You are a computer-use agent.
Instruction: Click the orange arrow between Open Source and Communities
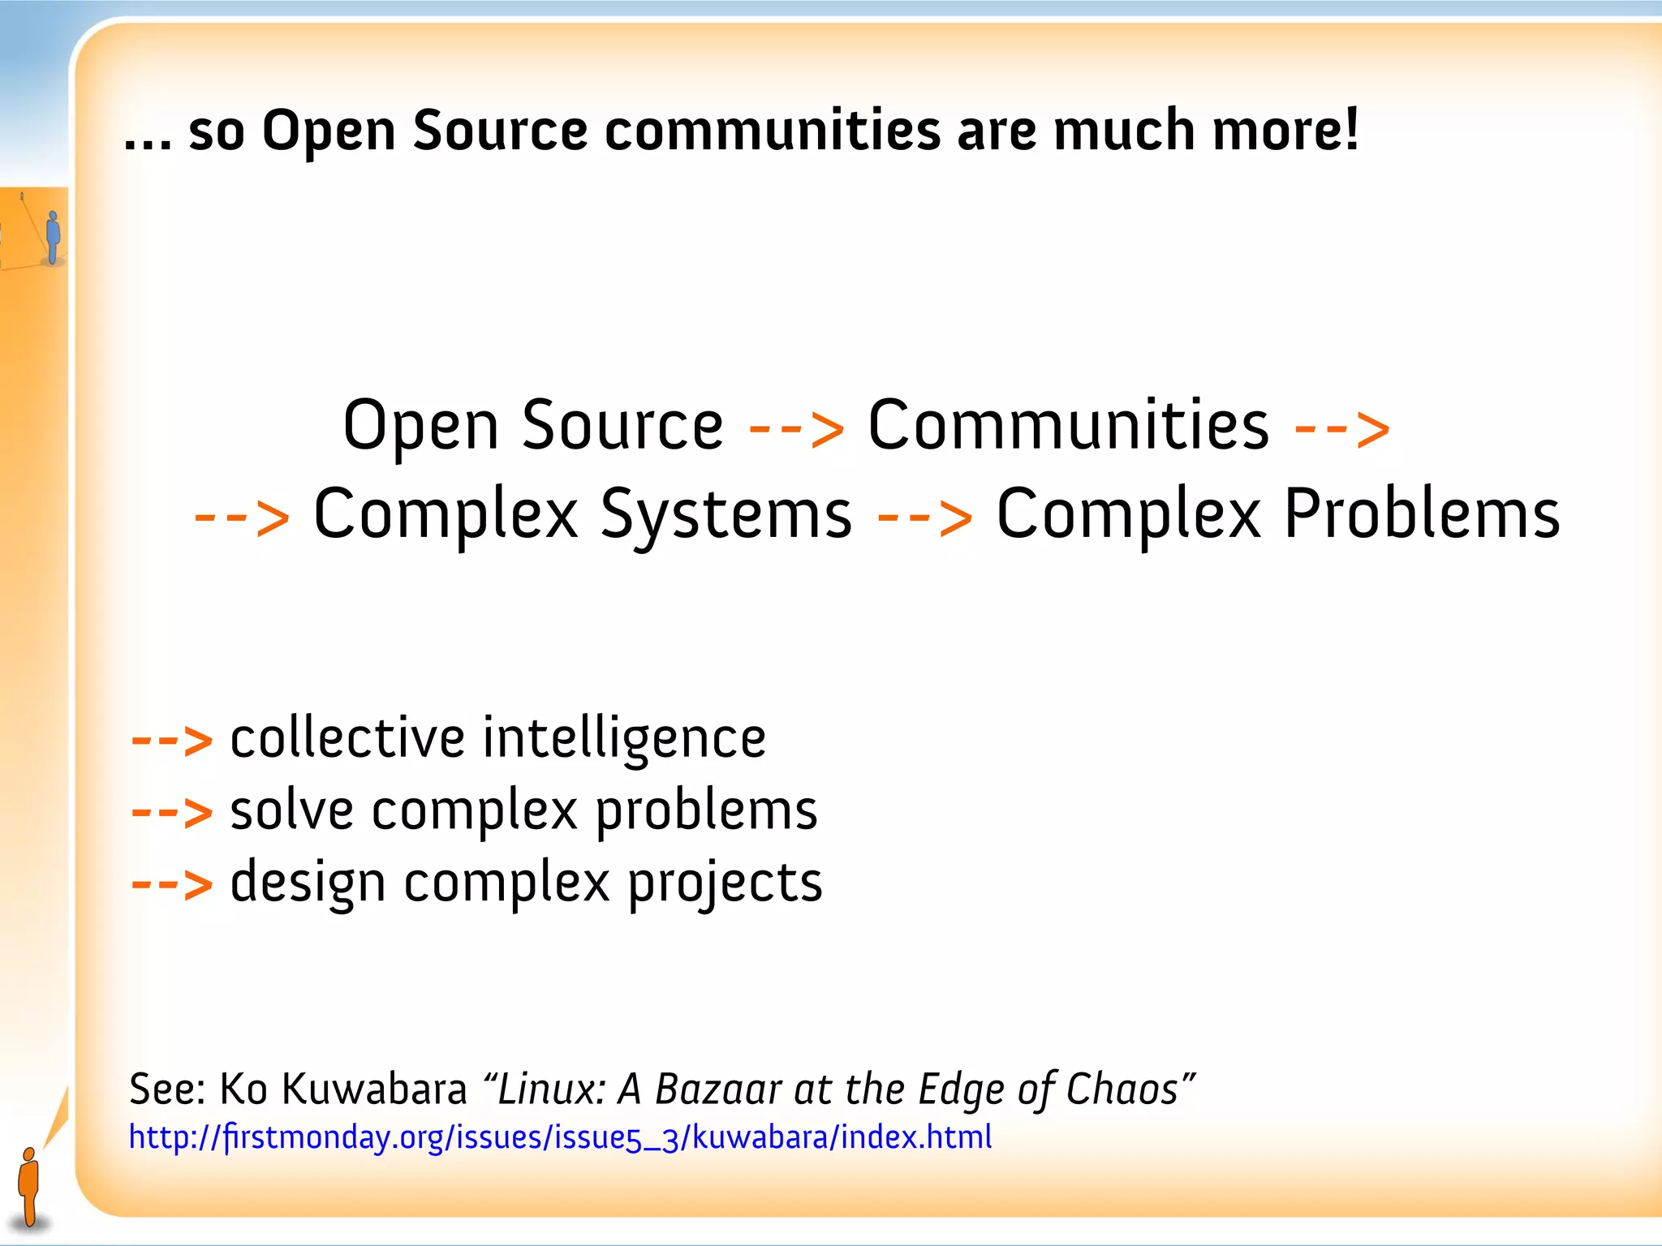coord(795,428)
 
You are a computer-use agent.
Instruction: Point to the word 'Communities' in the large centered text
coord(1068,425)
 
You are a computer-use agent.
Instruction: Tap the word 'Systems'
coord(726,514)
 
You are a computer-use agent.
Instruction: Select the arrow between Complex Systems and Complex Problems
coord(924,516)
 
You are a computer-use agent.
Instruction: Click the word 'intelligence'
coord(624,739)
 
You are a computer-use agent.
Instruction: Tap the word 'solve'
coord(292,810)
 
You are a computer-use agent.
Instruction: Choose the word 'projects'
coord(725,883)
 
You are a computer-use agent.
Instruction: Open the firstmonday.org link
coord(560,1137)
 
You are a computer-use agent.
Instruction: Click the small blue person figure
coord(53,236)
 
